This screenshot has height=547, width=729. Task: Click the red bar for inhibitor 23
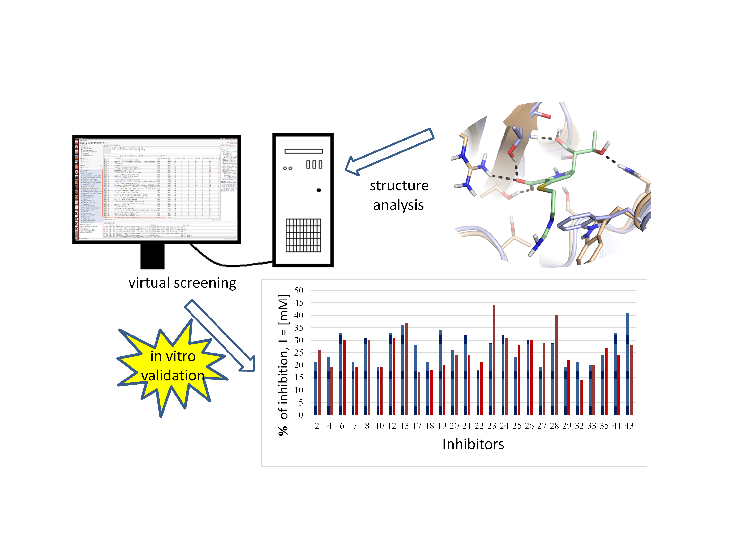[x=494, y=359]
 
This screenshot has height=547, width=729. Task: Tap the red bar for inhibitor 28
[x=556, y=364]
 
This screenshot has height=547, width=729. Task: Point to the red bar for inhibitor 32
[x=581, y=397]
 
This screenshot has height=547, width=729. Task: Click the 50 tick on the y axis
[x=299, y=291]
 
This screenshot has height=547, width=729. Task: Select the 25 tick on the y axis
[x=299, y=353]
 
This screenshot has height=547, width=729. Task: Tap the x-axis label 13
[x=404, y=426]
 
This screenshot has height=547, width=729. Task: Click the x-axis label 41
[x=616, y=426]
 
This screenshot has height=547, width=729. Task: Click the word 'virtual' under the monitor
[x=149, y=283]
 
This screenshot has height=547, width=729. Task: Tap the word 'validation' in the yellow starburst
[x=173, y=376]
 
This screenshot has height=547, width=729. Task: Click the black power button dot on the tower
[x=319, y=190]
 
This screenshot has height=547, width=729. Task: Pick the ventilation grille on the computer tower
[x=303, y=235]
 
